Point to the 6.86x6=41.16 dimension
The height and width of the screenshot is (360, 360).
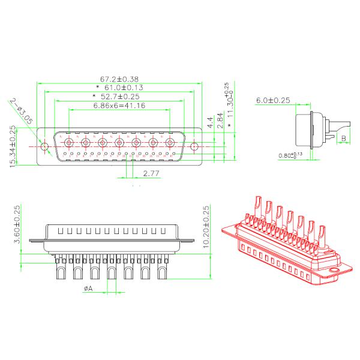tap(119, 106)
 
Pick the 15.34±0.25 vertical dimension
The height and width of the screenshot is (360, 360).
tap(14, 147)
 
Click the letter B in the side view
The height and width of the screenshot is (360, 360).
tap(343, 139)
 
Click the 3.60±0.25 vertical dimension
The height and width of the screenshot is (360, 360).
tap(17, 224)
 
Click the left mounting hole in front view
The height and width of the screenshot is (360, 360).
tap(44, 146)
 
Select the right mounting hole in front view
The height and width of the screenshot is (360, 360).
tap(195, 145)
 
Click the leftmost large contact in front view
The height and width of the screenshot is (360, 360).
tap(68, 143)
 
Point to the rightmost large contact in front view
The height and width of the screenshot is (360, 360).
tap(170, 143)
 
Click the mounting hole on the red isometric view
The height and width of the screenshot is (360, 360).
tap(334, 271)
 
